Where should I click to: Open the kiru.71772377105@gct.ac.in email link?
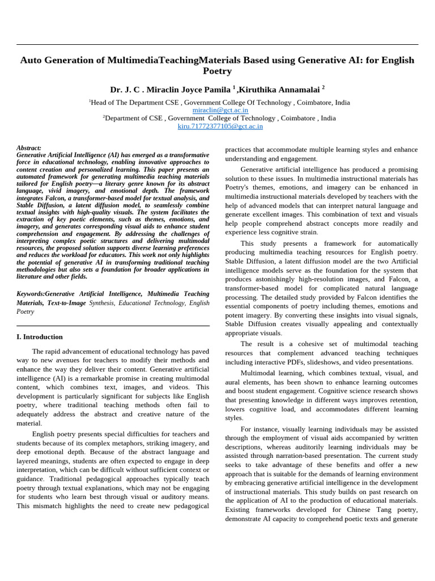pos(220,126)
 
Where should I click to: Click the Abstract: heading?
pos(29,148)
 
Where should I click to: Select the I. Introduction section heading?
pos(40,336)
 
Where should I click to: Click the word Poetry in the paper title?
pos(217,71)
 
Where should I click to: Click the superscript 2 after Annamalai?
pos(323,87)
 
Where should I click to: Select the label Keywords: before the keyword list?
pos(31,294)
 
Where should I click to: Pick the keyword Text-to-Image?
pos(65,303)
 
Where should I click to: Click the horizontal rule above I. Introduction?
pos(113,326)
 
